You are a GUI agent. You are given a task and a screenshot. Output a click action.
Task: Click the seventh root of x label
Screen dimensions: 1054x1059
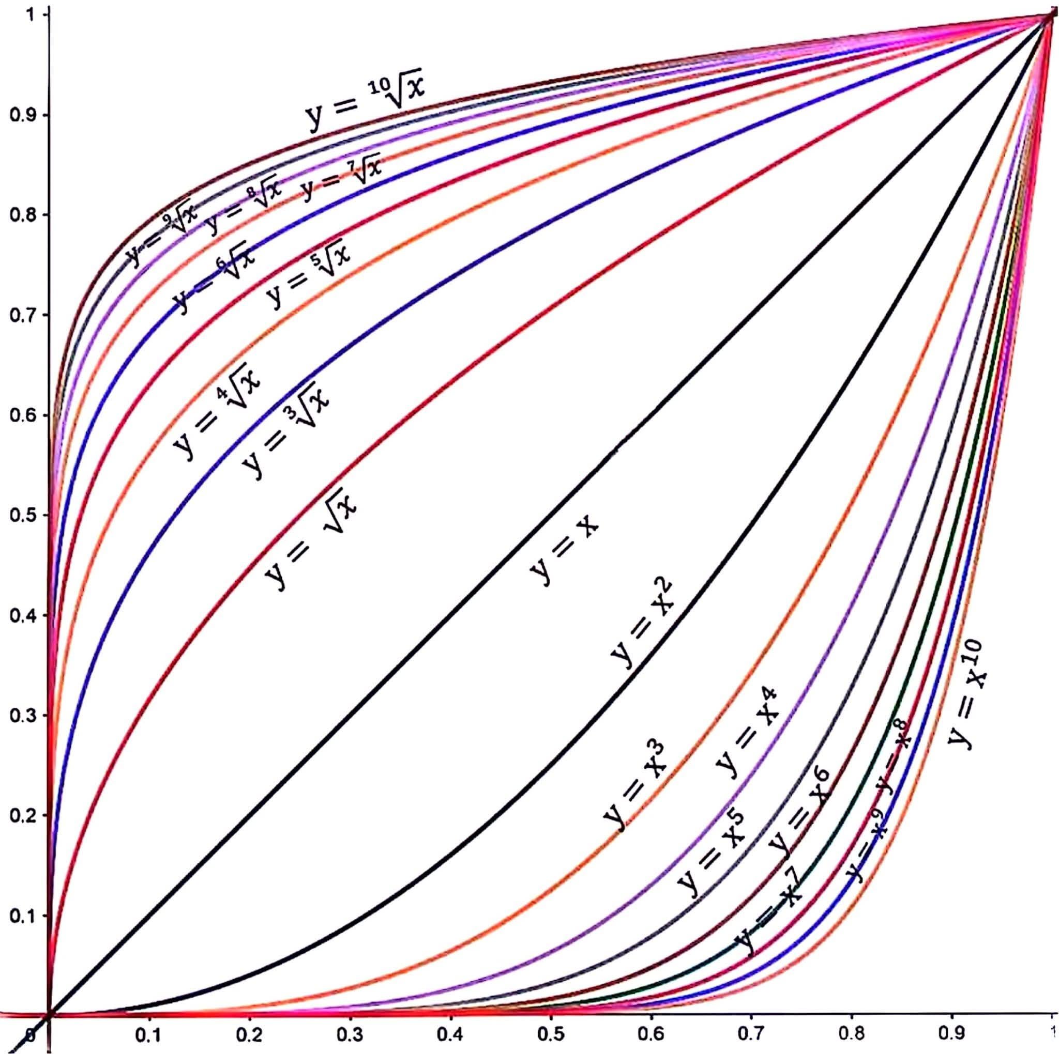coord(340,179)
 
